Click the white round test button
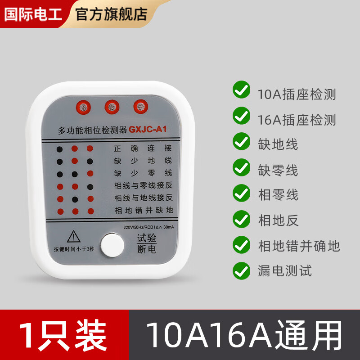[x=112, y=244]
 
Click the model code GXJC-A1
[x=148, y=130]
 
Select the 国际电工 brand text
[x=32, y=13]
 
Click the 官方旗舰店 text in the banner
[x=111, y=13]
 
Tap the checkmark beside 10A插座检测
[x=242, y=90]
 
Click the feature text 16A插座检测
[x=297, y=120]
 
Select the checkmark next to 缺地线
[x=242, y=141]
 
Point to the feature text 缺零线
[x=278, y=170]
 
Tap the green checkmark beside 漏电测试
[x=242, y=270]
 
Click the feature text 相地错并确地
[x=299, y=246]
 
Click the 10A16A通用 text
[x=244, y=335]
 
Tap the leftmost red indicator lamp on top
[x=84, y=107]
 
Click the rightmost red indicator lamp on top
[x=140, y=107]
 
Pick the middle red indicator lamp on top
[x=112, y=107]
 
